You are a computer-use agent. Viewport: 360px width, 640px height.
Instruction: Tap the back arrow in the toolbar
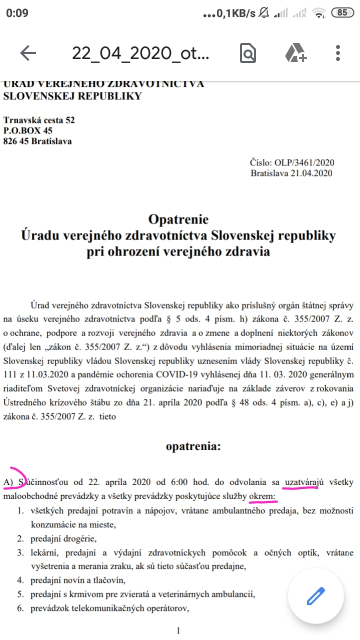tap(28, 53)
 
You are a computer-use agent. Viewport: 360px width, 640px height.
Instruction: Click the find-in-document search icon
tap(247, 53)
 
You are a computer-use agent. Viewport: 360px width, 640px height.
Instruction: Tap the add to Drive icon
tap(295, 53)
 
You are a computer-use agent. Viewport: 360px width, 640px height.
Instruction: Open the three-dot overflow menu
tap(338, 53)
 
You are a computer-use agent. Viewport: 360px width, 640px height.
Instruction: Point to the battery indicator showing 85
tap(342, 13)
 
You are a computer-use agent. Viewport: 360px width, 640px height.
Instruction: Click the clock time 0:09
tap(17, 13)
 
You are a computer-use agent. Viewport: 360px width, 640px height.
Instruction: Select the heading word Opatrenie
tap(178, 219)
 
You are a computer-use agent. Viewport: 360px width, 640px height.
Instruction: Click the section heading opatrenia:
tap(193, 446)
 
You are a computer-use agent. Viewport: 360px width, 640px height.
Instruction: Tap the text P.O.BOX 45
tap(28, 130)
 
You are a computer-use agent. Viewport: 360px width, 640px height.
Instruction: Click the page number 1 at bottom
tap(178, 631)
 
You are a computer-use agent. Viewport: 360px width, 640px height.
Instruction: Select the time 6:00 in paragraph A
tap(172, 482)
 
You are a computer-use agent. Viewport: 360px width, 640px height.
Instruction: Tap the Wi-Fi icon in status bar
tap(317, 13)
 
